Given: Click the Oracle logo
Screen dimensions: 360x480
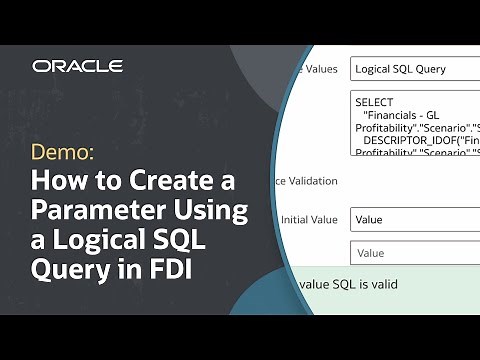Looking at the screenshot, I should [x=78, y=66].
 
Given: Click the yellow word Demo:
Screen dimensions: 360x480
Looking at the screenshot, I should [x=61, y=153].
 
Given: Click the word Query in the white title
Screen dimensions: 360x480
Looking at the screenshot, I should [x=66, y=271].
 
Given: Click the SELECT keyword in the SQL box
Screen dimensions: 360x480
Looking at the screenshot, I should [x=374, y=102].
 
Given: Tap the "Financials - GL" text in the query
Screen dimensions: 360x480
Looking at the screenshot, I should [x=402, y=115].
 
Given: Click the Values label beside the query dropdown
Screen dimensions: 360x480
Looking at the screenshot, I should [x=320, y=69].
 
